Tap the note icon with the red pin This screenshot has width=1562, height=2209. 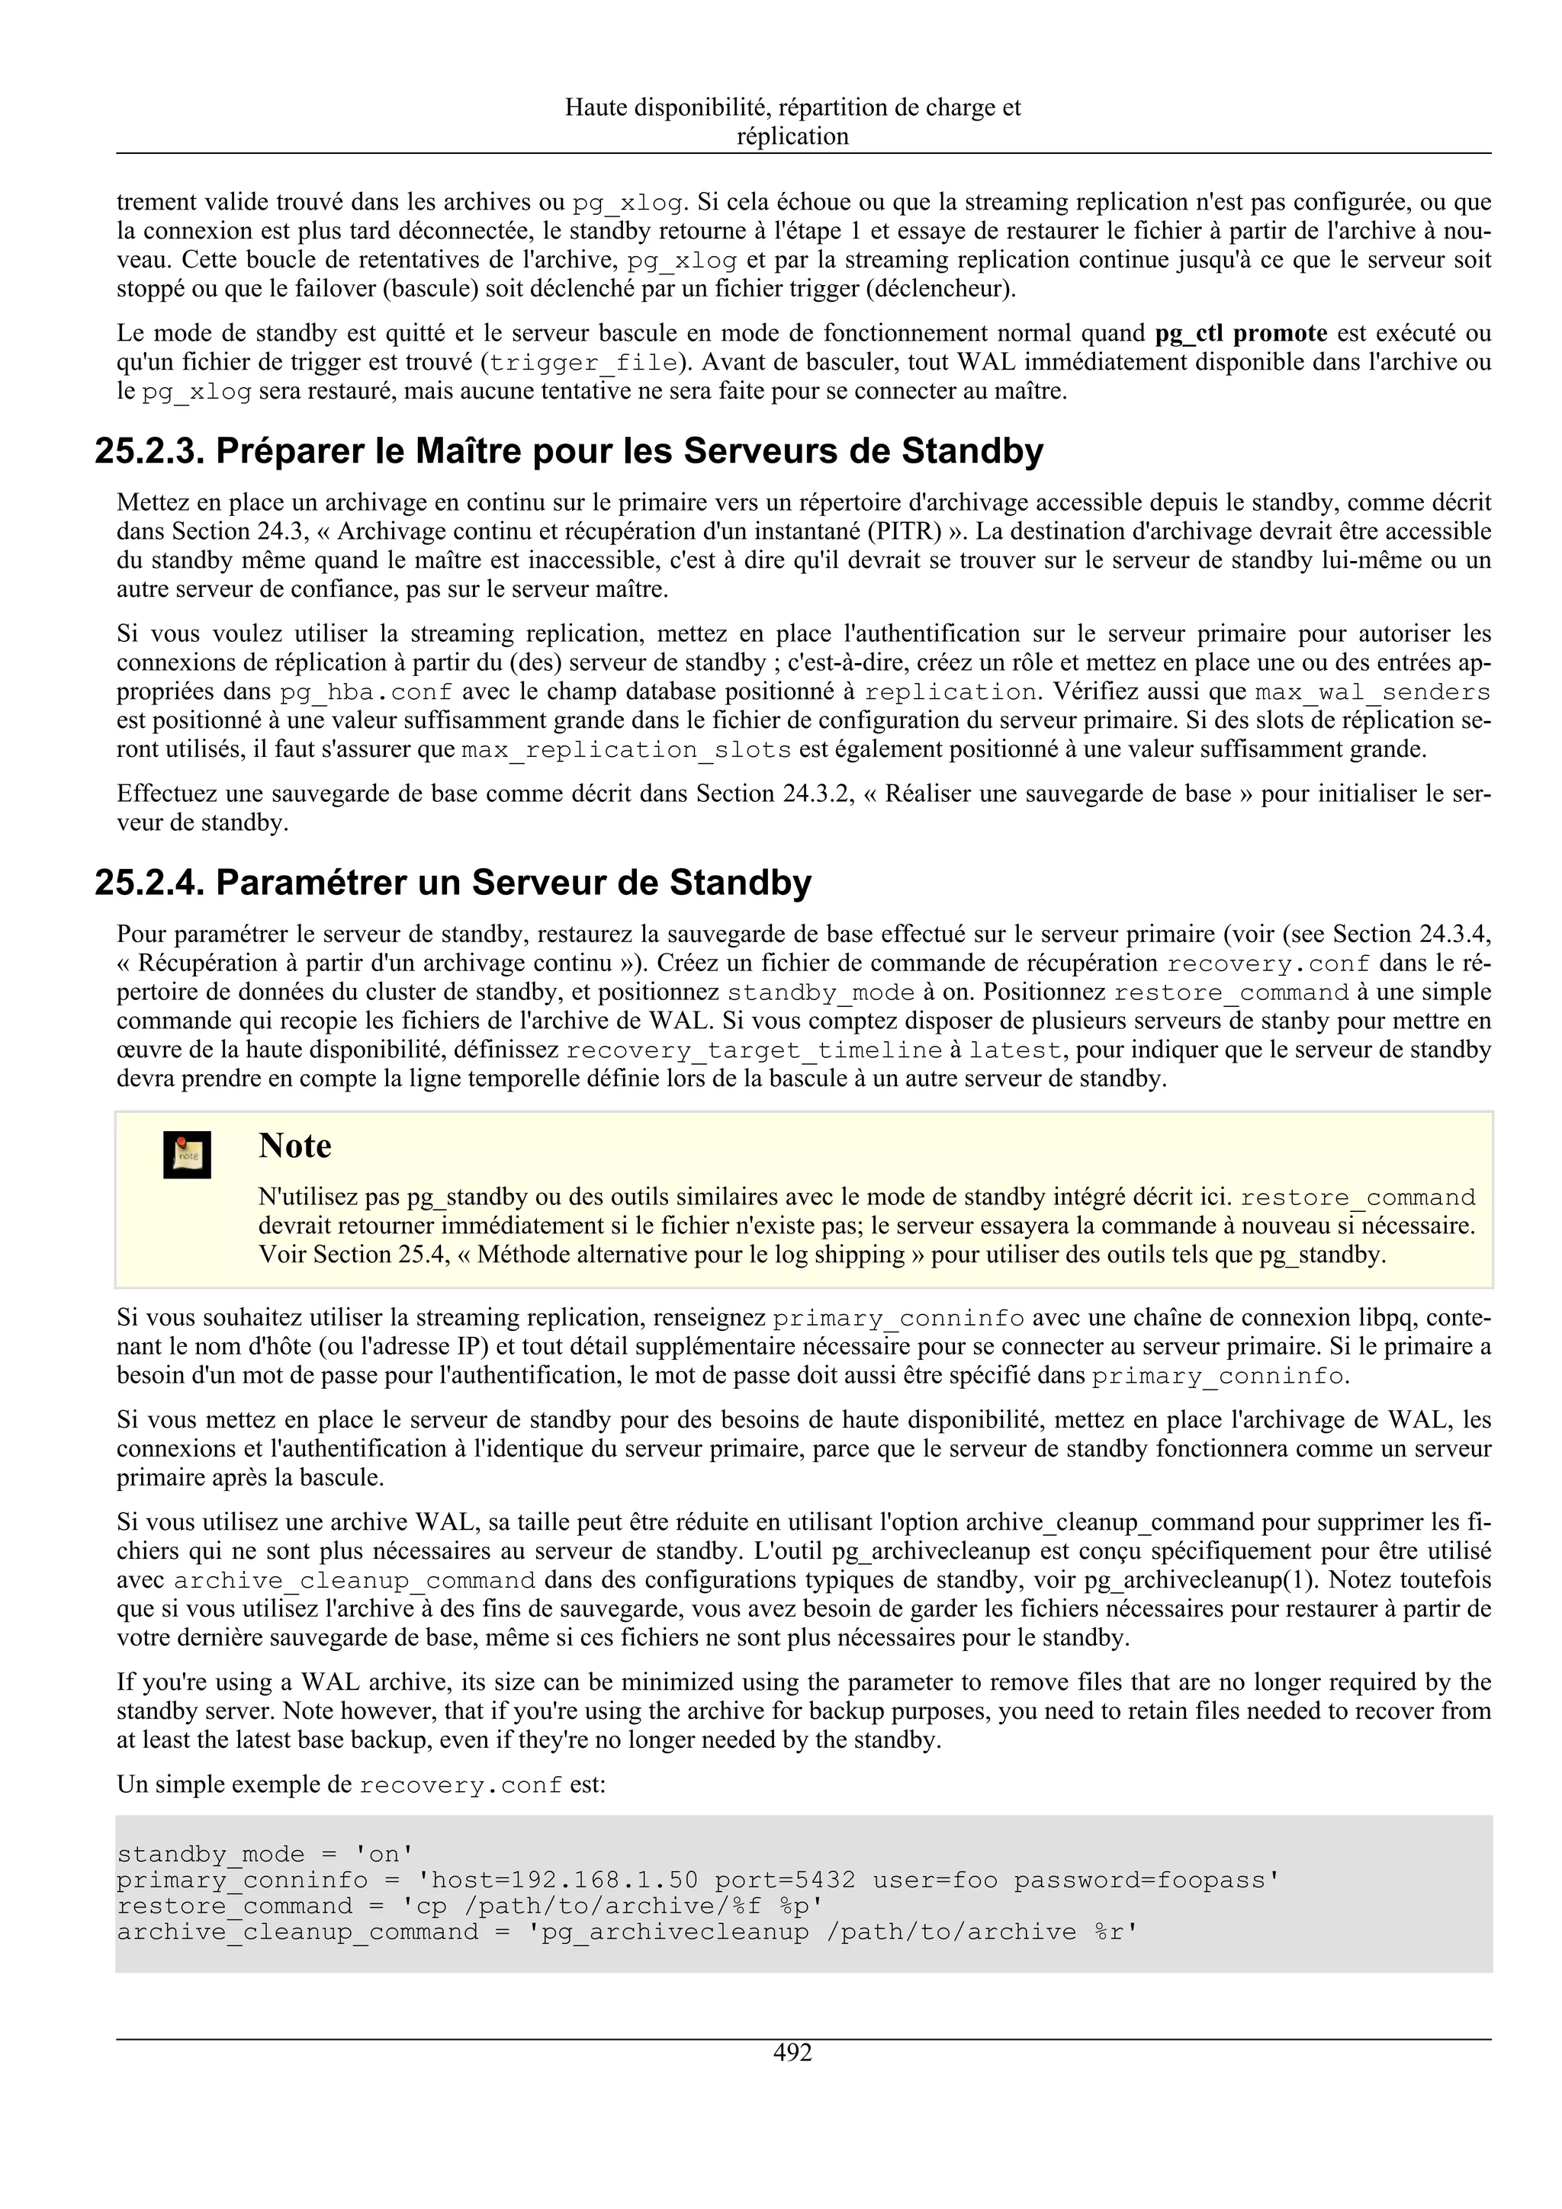pyautogui.click(x=187, y=1155)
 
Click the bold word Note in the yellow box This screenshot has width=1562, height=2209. pyautogui.click(x=294, y=1146)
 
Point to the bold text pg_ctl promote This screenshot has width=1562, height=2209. pyautogui.click(x=1241, y=334)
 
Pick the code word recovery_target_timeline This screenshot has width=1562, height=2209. pyautogui.click(x=754, y=1050)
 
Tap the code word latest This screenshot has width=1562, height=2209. pyautogui.click(x=1014, y=1050)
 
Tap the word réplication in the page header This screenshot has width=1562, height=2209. pyautogui.click(x=792, y=136)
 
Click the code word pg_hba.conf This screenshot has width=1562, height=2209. pyautogui.click(x=366, y=693)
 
